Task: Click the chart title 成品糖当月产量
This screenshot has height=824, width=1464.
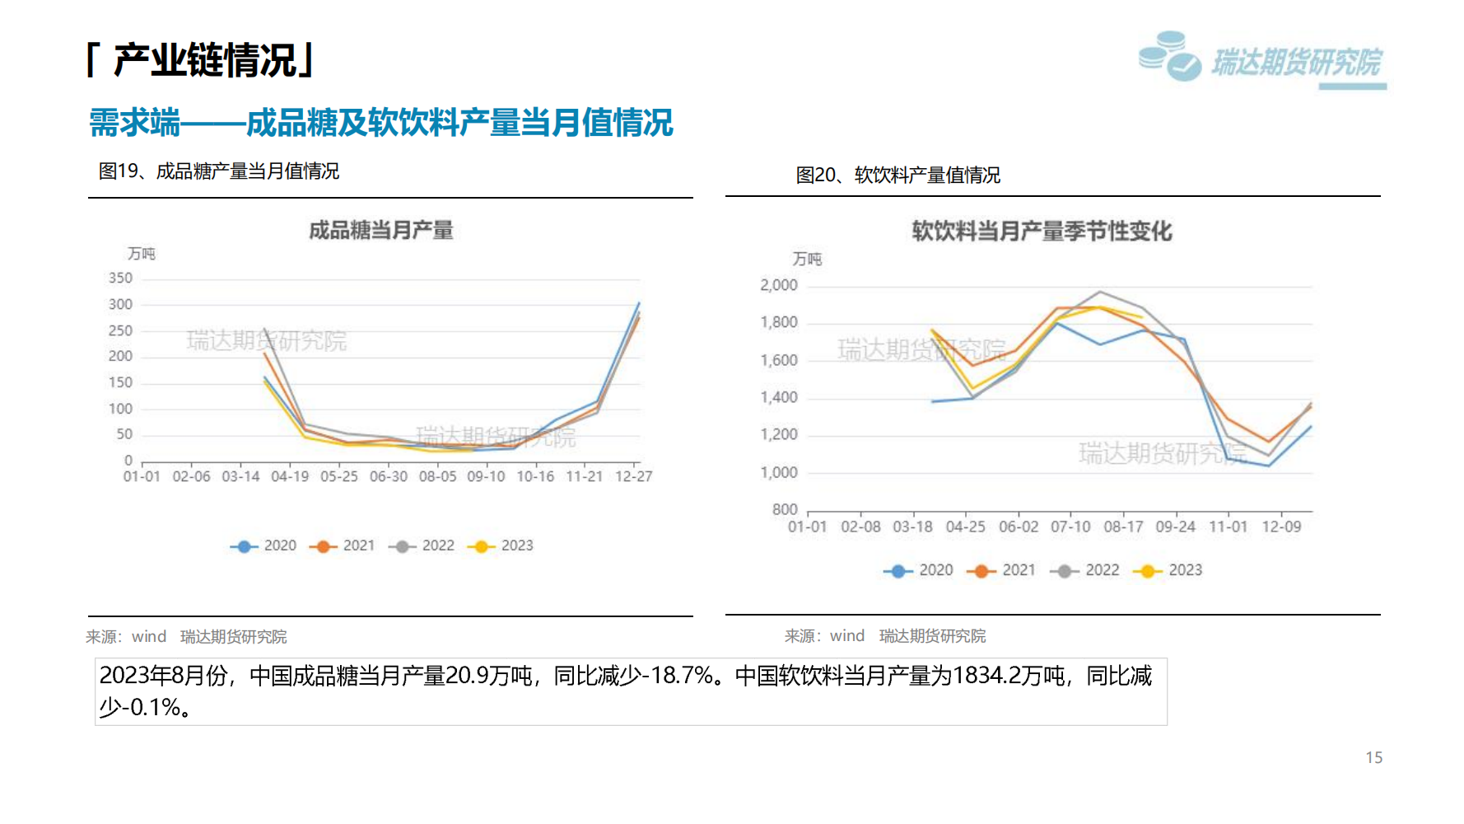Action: pos(380,231)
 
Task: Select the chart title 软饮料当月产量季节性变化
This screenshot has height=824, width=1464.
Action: pos(1042,232)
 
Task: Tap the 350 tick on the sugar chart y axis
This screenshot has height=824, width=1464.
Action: pos(120,279)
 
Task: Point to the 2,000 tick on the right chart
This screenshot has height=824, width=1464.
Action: pos(778,285)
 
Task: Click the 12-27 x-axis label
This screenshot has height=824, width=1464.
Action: pos(633,476)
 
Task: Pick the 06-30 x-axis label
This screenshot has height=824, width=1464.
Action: pos(388,476)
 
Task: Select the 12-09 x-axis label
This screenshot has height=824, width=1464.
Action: pos(1281,527)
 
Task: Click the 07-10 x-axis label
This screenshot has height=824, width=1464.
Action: pos(1070,527)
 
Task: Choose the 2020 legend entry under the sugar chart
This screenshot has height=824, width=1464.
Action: pos(264,545)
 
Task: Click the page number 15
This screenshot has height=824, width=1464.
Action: pos(1373,757)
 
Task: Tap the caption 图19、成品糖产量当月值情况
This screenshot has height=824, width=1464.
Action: pos(219,171)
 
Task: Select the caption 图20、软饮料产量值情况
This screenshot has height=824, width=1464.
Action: pos(898,176)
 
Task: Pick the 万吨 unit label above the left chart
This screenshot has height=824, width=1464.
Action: pos(141,254)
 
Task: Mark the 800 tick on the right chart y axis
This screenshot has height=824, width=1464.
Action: pos(784,510)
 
